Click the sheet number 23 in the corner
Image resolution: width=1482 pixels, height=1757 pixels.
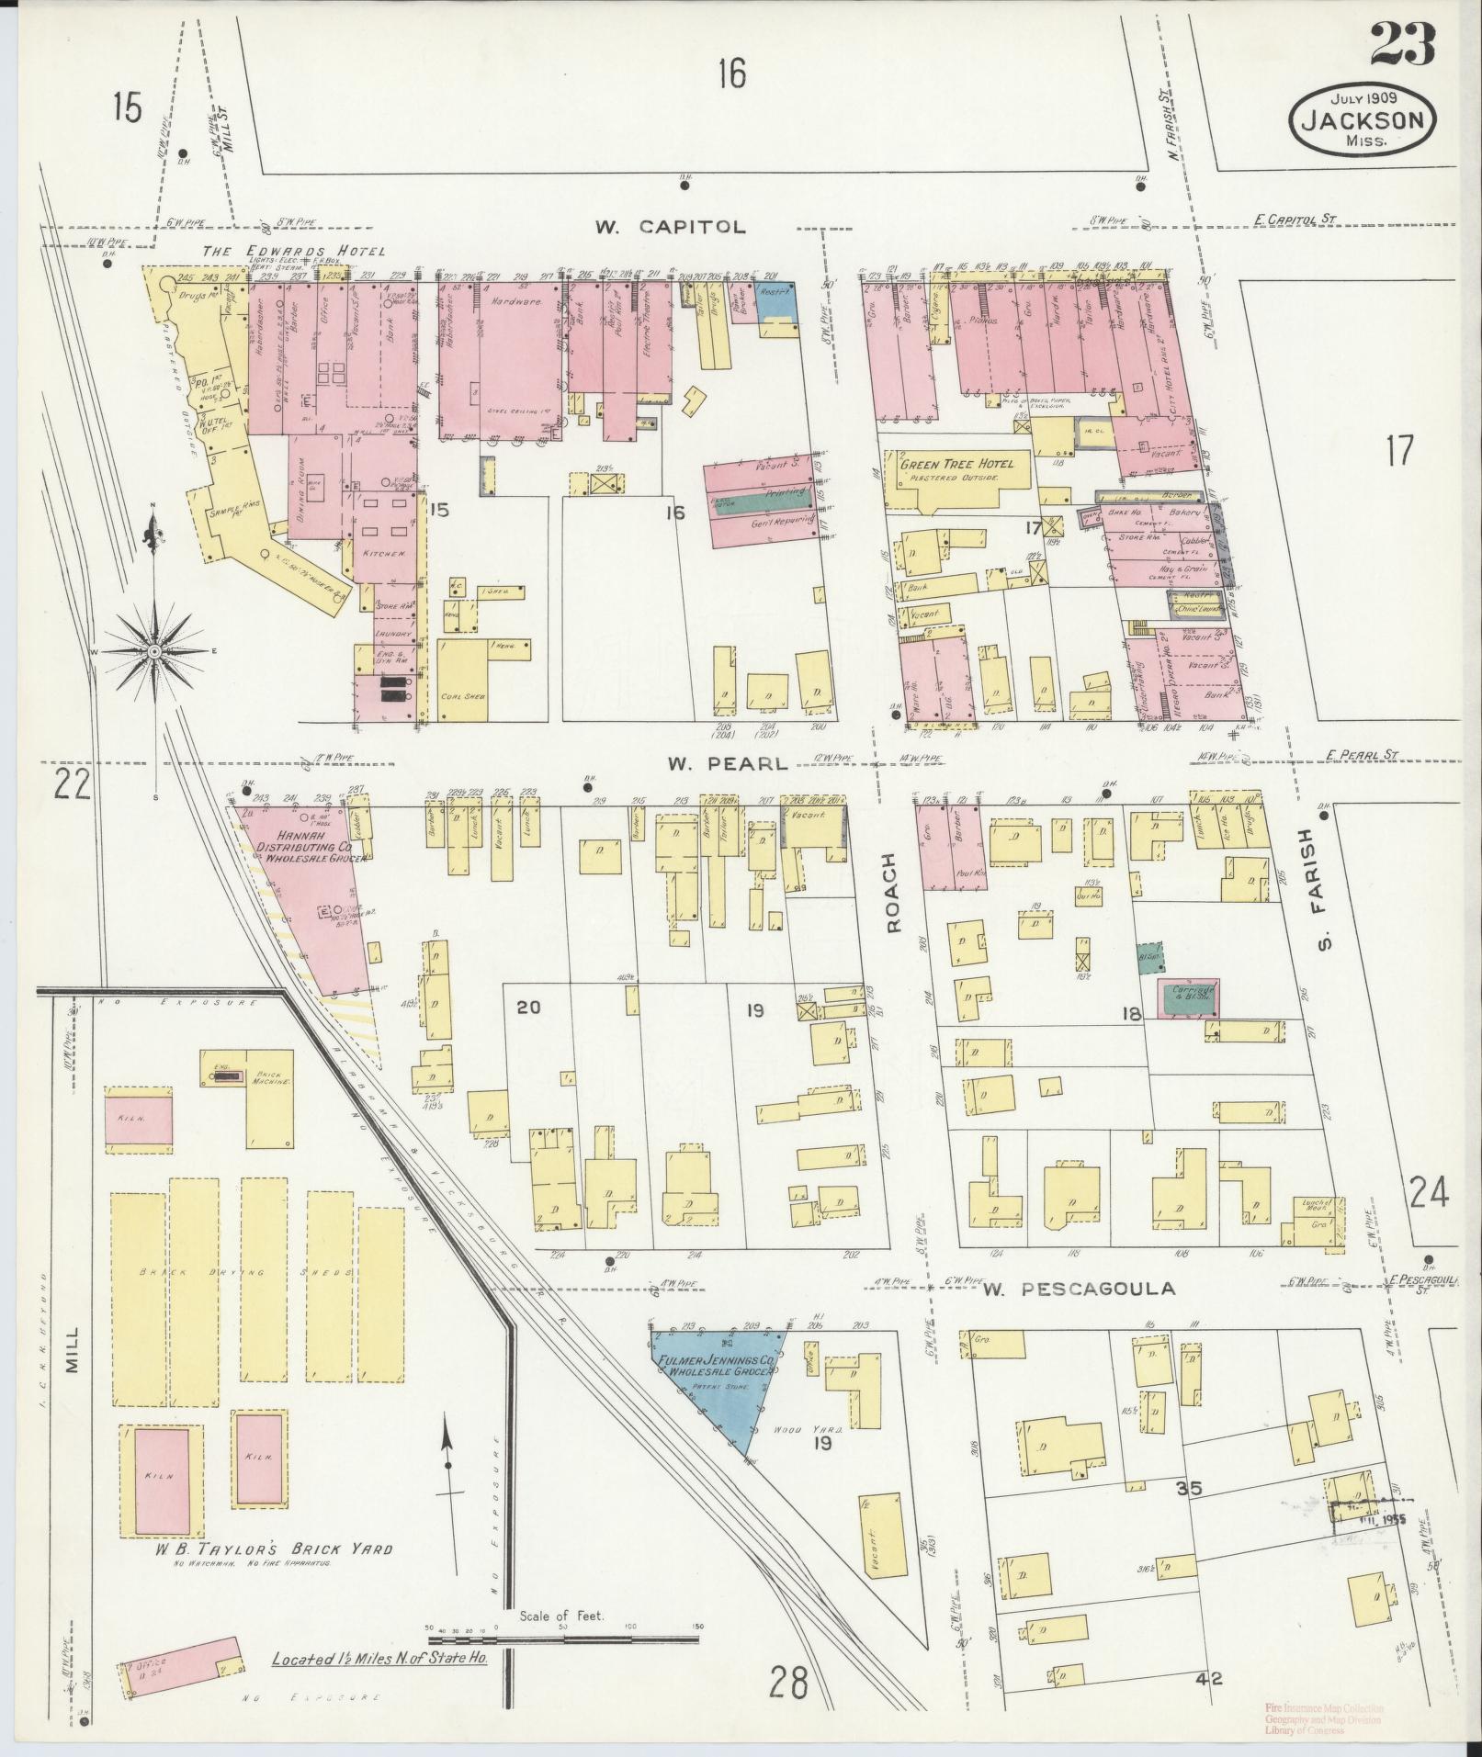pos(1402,43)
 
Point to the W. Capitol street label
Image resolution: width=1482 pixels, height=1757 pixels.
pos(669,227)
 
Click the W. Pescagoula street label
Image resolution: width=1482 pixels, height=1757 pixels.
pos(1079,1289)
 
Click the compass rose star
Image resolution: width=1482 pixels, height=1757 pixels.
pos(155,650)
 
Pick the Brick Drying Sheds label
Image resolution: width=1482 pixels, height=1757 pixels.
pos(255,1273)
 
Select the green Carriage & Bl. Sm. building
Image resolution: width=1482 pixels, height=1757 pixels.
pos(1189,997)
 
